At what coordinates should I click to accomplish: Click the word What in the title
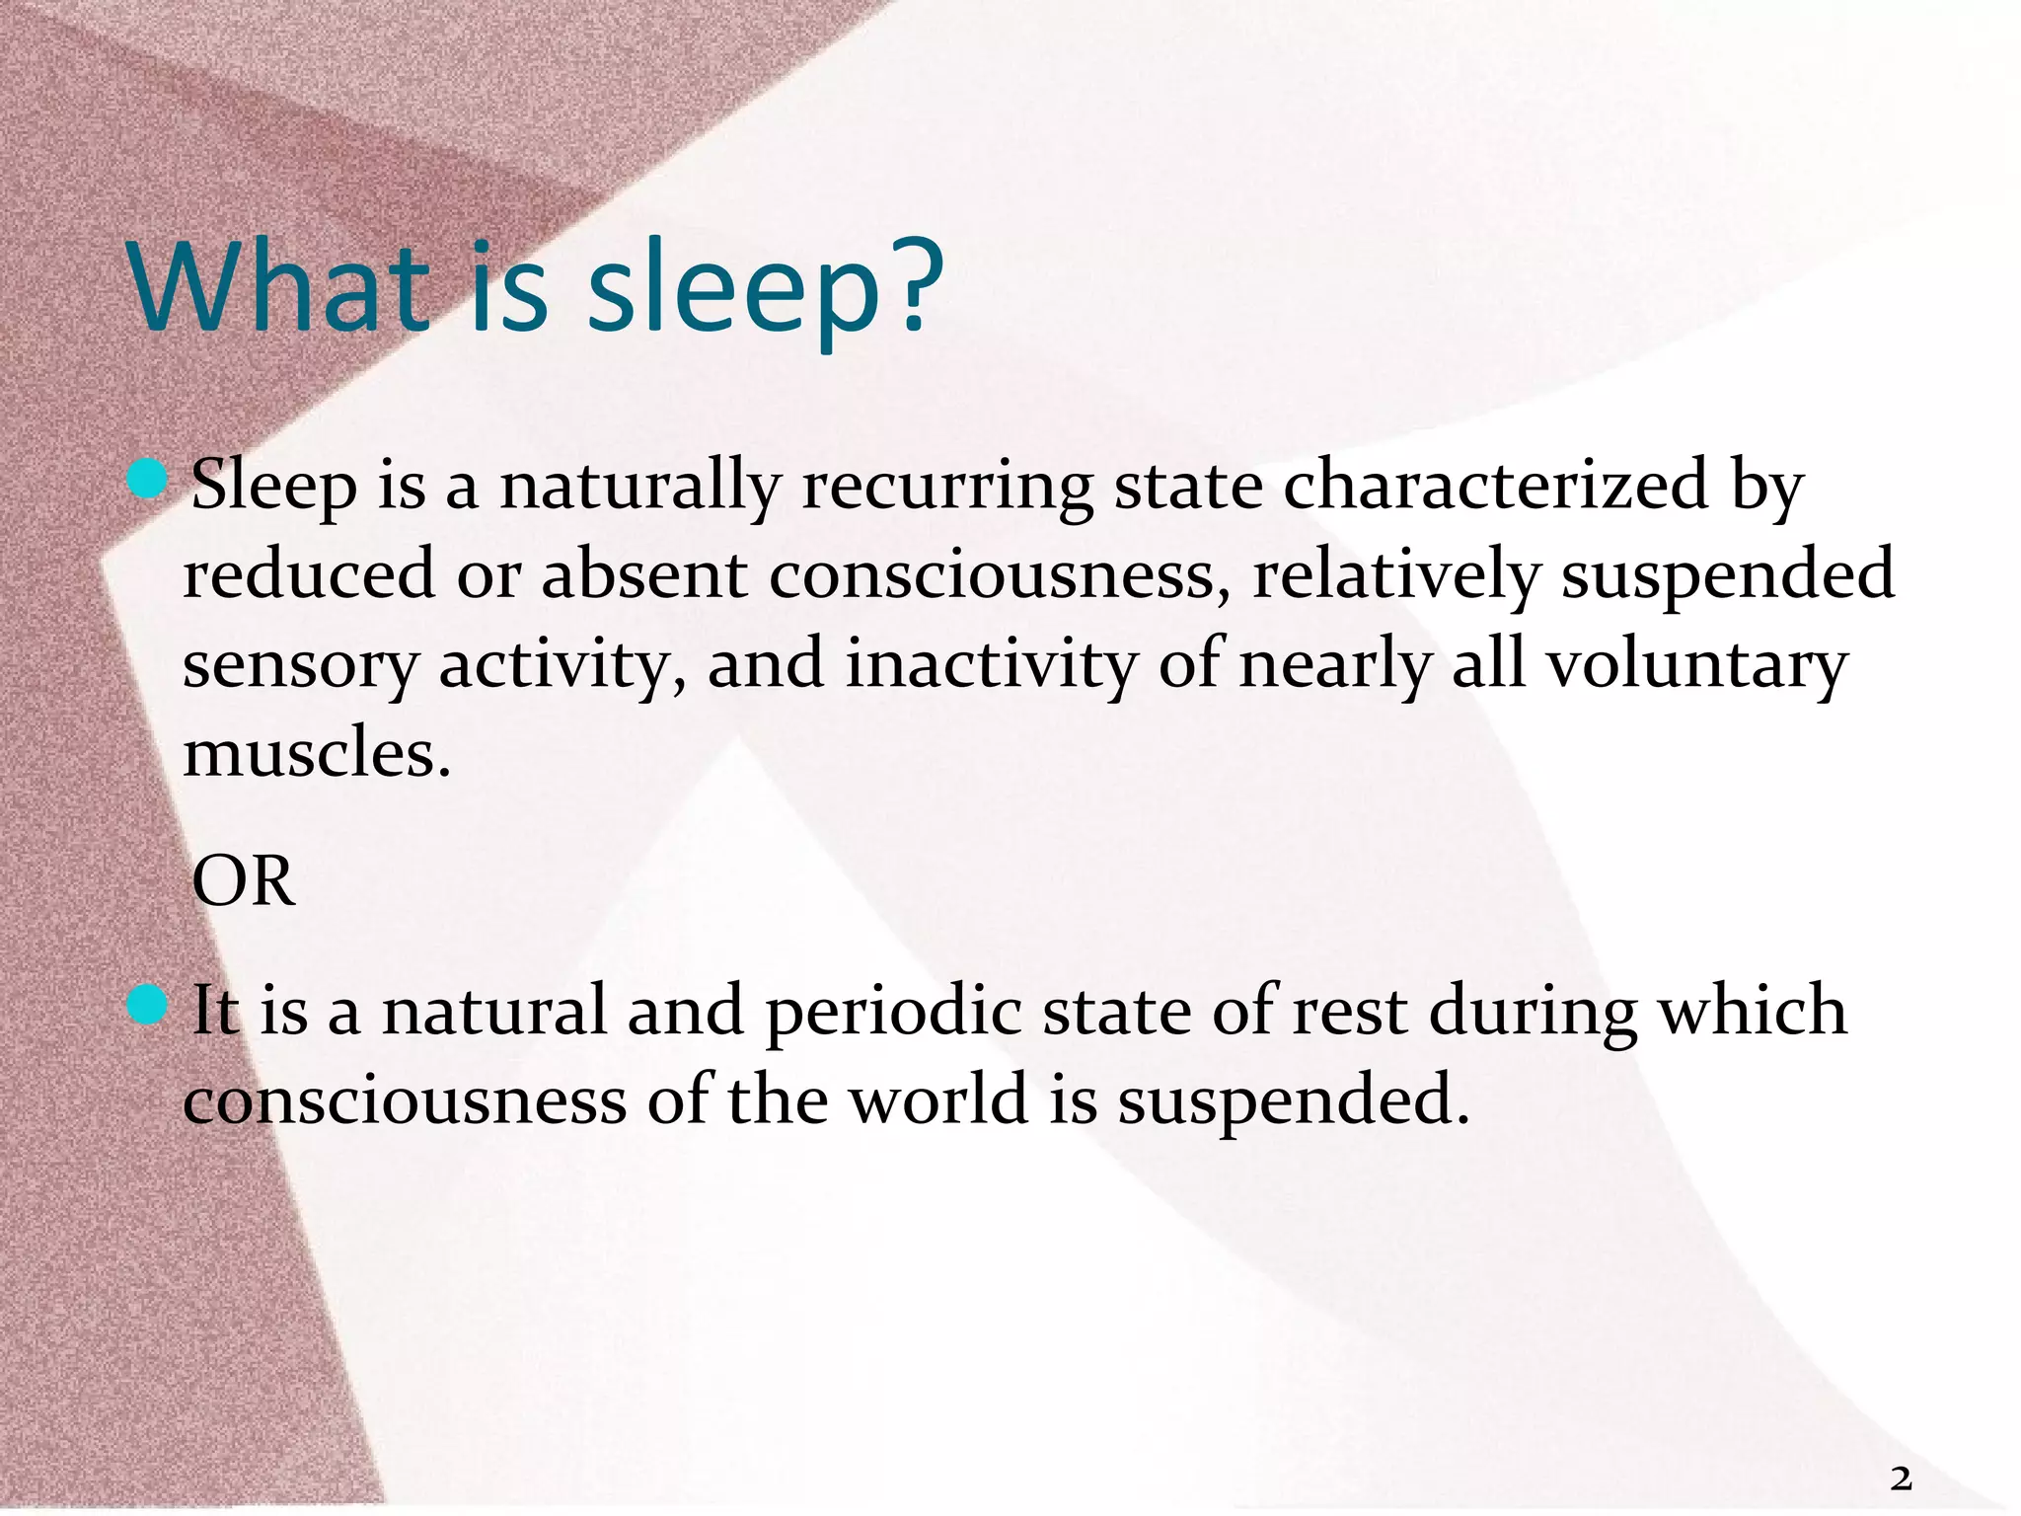[279, 287]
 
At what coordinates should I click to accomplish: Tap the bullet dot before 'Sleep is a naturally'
[148, 480]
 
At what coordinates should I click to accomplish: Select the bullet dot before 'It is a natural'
[148, 1006]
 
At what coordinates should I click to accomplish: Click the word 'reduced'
[309, 574]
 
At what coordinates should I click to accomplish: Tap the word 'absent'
[643, 574]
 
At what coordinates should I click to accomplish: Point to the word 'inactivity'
[991, 665]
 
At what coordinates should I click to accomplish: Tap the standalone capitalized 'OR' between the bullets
[243, 881]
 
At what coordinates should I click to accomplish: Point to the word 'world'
[939, 1099]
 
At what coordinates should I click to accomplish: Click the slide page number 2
[1901, 1478]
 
